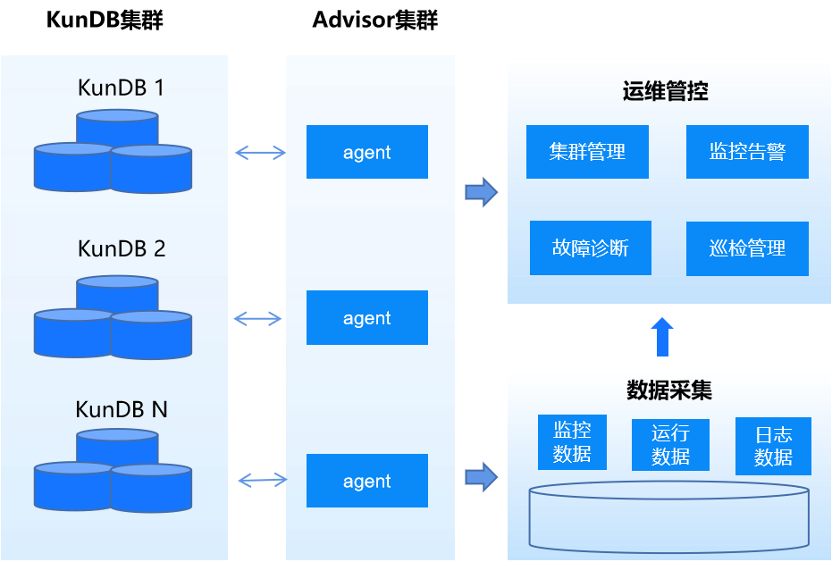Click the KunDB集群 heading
pos(105,21)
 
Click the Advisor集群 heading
pos(375,21)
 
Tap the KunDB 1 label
pos(121,88)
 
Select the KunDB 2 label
pos(122,248)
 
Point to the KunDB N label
pos(122,409)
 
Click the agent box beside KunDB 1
pos(367,152)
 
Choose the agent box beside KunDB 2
pos(367,317)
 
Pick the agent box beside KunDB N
pos(367,481)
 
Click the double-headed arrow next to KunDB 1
pos(260,153)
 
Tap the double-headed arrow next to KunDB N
pos(263,481)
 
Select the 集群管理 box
pos(587,152)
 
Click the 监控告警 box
pos(748,152)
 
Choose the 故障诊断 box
pos(591,247)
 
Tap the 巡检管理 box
pos(748,248)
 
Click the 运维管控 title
pos(666,91)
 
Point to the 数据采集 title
pos(669,390)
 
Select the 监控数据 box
pos(572,442)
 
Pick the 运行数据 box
pos(670,445)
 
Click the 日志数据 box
pos(773,446)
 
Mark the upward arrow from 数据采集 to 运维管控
pos(662,337)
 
